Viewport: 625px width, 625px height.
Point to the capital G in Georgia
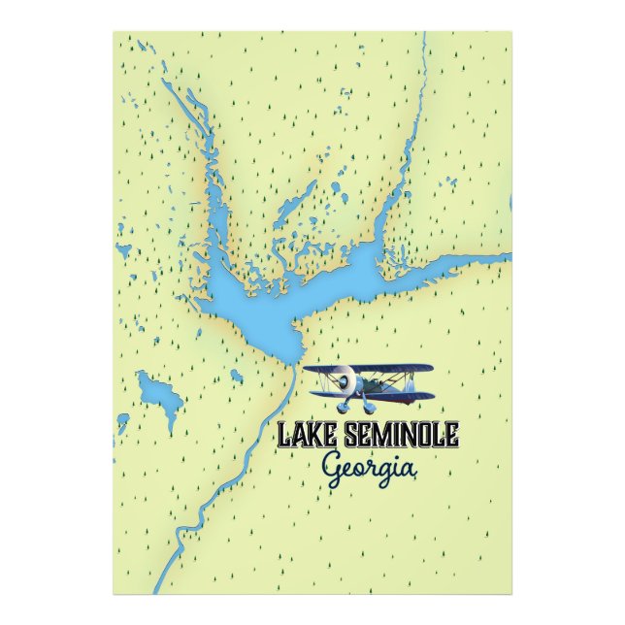pyautogui.click(x=333, y=467)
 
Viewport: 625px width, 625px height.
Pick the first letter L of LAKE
pyautogui.click(x=284, y=435)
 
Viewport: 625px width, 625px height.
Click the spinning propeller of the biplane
pyautogui.click(x=342, y=384)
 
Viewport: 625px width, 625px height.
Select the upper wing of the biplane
pyautogui.click(x=369, y=369)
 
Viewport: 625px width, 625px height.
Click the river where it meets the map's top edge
pyautogui.click(x=424, y=36)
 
